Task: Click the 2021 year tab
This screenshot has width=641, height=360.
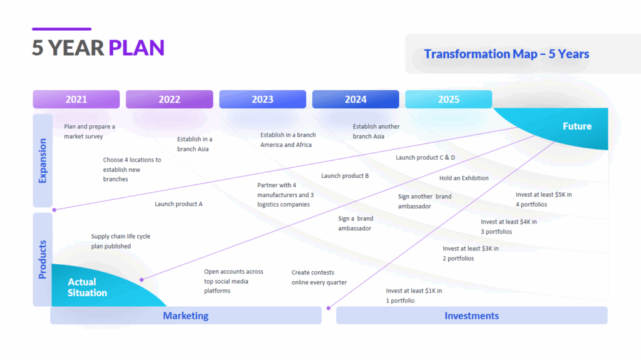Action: tap(76, 100)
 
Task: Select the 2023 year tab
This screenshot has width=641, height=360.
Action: tap(262, 100)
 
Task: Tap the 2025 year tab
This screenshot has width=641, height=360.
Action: tap(448, 100)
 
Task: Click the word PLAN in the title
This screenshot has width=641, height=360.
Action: tap(136, 48)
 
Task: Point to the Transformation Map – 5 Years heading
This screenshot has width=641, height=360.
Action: tap(506, 54)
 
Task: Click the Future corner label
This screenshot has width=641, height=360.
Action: tap(577, 126)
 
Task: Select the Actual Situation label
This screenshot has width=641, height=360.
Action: tap(87, 287)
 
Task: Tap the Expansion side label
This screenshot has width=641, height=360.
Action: tap(43, 161)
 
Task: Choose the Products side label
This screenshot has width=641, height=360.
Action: tap(43, 259)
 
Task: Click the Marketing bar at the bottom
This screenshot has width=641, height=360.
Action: tap(185, 316)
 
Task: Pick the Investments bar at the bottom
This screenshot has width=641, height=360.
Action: tap(471, 316)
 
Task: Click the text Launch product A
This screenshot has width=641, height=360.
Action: tap(178, 204)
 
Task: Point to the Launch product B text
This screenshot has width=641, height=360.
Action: tap(345, 176)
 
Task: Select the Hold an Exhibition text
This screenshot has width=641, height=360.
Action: tap(464, 178)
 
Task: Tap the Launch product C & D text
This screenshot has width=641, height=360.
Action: tap(425, 158)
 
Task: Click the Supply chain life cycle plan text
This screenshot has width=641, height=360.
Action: tap(120, 241)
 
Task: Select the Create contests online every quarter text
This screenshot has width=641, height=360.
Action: tap(319, 277)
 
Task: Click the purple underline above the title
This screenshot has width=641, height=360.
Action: tap(61, 29)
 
